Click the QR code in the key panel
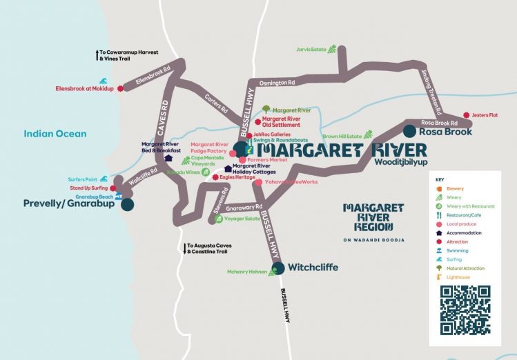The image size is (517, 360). (x=465, y=310)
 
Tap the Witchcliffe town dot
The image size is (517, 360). (x=277, y=268)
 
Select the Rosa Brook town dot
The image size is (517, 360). (x=410, y=130)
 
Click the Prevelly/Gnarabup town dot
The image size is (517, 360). (x=127, y=204)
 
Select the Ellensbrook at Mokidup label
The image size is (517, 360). (x=86, y=89)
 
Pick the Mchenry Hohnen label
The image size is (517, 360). (x=247, y=272)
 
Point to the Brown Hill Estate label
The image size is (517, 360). (x=341, y=137)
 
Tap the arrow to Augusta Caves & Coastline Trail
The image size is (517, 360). (x=184, y=246)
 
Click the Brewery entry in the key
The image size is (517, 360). (x=455, y=188)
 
